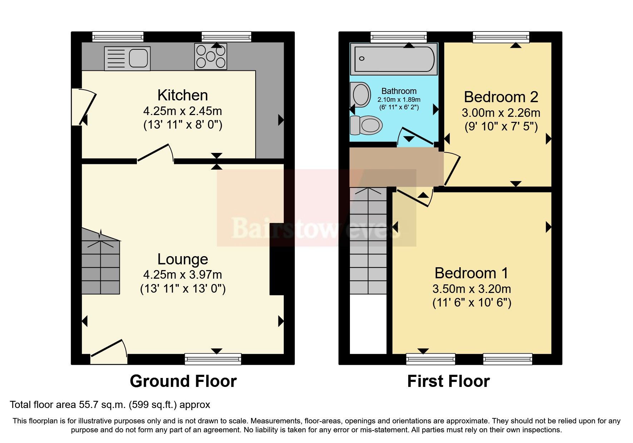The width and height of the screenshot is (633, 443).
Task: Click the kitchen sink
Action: click(x=127, y=59)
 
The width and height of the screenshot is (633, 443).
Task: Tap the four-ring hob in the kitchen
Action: click(x=211, y=56)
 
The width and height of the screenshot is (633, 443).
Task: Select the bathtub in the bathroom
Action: click(x=394, y=59)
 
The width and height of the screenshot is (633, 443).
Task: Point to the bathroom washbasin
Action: click(x=360, y=94)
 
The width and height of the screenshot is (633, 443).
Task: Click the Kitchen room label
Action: click(x=183, y=95)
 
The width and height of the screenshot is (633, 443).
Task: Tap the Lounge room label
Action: click(x=183, y=259)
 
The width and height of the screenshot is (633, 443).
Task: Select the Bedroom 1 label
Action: click(x=471, y=273)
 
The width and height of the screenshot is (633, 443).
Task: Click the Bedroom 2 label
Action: click(x=501, y=97)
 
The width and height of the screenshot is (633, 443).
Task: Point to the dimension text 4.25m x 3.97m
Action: click(x=183, y=275)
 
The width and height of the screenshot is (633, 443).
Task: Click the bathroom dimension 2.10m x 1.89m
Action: click(x=399, y=99)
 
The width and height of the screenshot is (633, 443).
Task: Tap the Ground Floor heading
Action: click(x=183, y=381)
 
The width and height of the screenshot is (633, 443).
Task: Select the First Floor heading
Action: click(x=448, y=381)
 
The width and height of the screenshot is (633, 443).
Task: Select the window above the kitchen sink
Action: click(x=118, y=36)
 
